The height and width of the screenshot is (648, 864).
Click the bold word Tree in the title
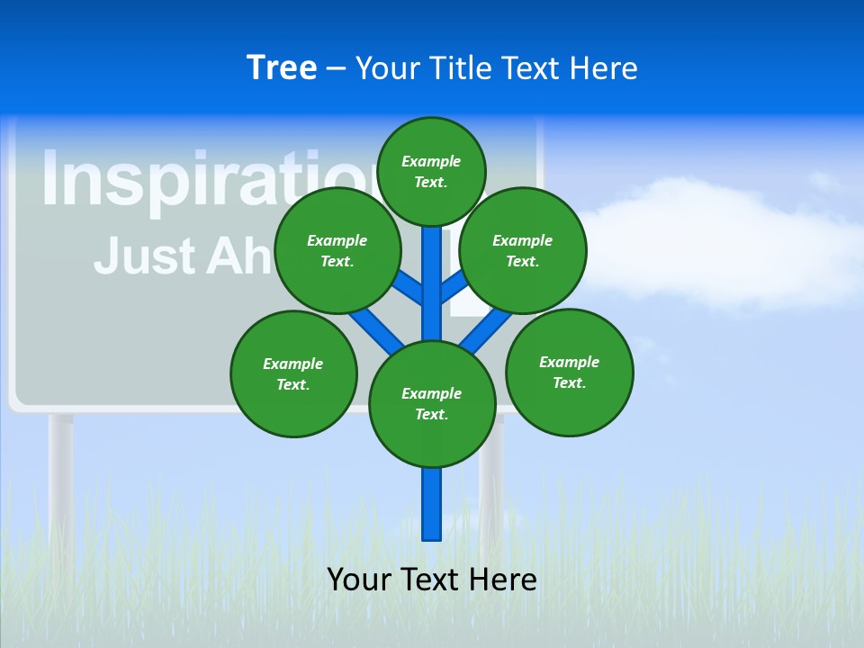(282, 67)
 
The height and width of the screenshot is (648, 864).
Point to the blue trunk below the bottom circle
(432, 504)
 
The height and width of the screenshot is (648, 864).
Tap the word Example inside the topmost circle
(431, 161)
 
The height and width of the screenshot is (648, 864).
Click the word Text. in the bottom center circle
(431, 414)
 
